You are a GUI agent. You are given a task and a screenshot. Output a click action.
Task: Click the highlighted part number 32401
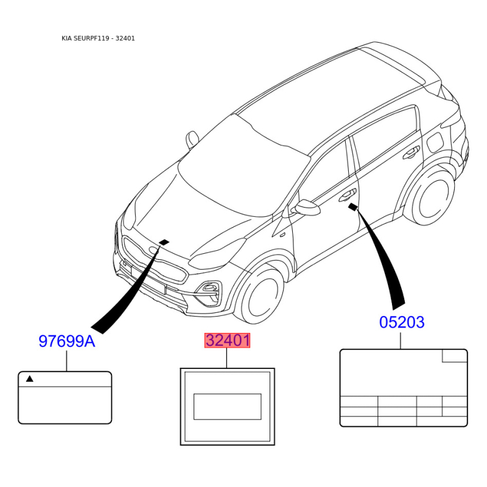227,340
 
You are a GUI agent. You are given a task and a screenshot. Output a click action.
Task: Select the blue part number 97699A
67,341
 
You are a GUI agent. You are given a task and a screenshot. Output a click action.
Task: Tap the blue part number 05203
402,322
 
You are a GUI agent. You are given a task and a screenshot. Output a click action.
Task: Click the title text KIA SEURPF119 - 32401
98,38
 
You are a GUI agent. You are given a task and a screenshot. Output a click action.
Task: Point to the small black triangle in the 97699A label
29,379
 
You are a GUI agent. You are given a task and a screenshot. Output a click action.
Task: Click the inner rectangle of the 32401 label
227,407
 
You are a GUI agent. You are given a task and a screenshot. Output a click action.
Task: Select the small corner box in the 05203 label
454,356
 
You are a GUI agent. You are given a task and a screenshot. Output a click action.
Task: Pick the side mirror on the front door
307,207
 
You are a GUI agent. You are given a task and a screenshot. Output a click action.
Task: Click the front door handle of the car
347,195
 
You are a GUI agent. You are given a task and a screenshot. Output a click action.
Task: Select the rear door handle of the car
411,152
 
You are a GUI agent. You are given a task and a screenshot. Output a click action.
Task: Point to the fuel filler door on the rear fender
435,142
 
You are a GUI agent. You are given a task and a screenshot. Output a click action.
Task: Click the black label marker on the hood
164,242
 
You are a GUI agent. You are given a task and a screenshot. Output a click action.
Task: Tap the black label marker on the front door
353,207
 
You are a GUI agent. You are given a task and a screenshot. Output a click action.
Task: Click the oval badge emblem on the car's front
154,250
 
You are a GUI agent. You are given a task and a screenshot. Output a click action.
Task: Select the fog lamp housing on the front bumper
209,292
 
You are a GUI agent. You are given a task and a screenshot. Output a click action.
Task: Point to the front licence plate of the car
147,280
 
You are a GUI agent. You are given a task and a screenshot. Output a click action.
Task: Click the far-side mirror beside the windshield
192,139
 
